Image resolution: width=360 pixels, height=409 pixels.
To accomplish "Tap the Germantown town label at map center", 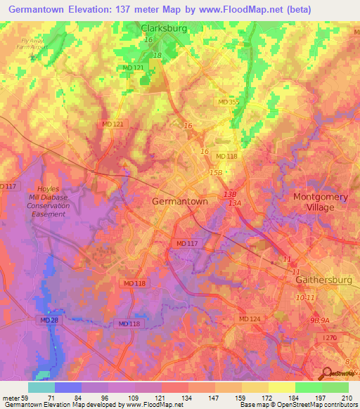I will click(180, 201).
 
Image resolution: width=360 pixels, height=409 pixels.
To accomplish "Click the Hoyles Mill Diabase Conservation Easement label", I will click(49, 201).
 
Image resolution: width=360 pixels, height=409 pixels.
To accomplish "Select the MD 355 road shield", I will click(227, 103).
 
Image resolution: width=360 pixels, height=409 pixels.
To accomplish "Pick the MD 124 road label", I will click(249, 320).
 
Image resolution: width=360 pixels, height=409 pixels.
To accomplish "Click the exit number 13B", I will click(229, 193).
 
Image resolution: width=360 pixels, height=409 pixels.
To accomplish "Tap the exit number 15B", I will click(214, 172).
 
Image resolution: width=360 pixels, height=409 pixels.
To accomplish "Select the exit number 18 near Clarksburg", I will click(156, 55).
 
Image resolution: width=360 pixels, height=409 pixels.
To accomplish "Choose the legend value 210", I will click(345, 398).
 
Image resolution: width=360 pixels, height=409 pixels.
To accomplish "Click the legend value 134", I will click(188, 398).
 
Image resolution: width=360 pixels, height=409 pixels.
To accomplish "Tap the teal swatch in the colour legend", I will click(41, 387).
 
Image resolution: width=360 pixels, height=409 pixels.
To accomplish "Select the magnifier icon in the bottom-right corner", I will click(326, 374).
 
